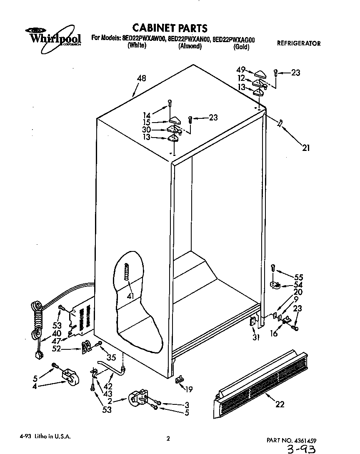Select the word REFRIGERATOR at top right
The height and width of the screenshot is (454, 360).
[299, 43]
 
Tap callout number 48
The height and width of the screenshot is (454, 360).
[141, 78]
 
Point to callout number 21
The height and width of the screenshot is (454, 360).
[306, 147]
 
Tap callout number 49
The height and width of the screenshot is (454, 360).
[241, 70]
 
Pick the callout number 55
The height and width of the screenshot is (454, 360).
[298, 277]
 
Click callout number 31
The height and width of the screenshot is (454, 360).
[256, 337]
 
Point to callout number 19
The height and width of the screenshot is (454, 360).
[189, 389]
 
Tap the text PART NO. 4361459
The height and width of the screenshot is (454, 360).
[294, 440]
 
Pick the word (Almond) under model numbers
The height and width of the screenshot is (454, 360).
[190, 46]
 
